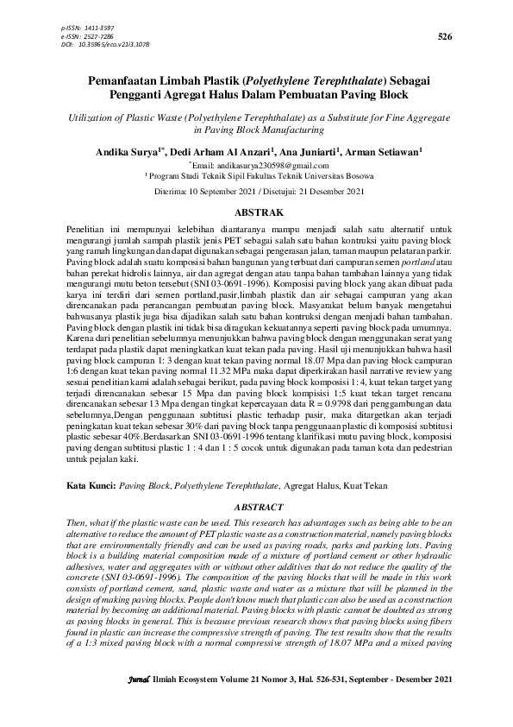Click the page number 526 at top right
point(445,36)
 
